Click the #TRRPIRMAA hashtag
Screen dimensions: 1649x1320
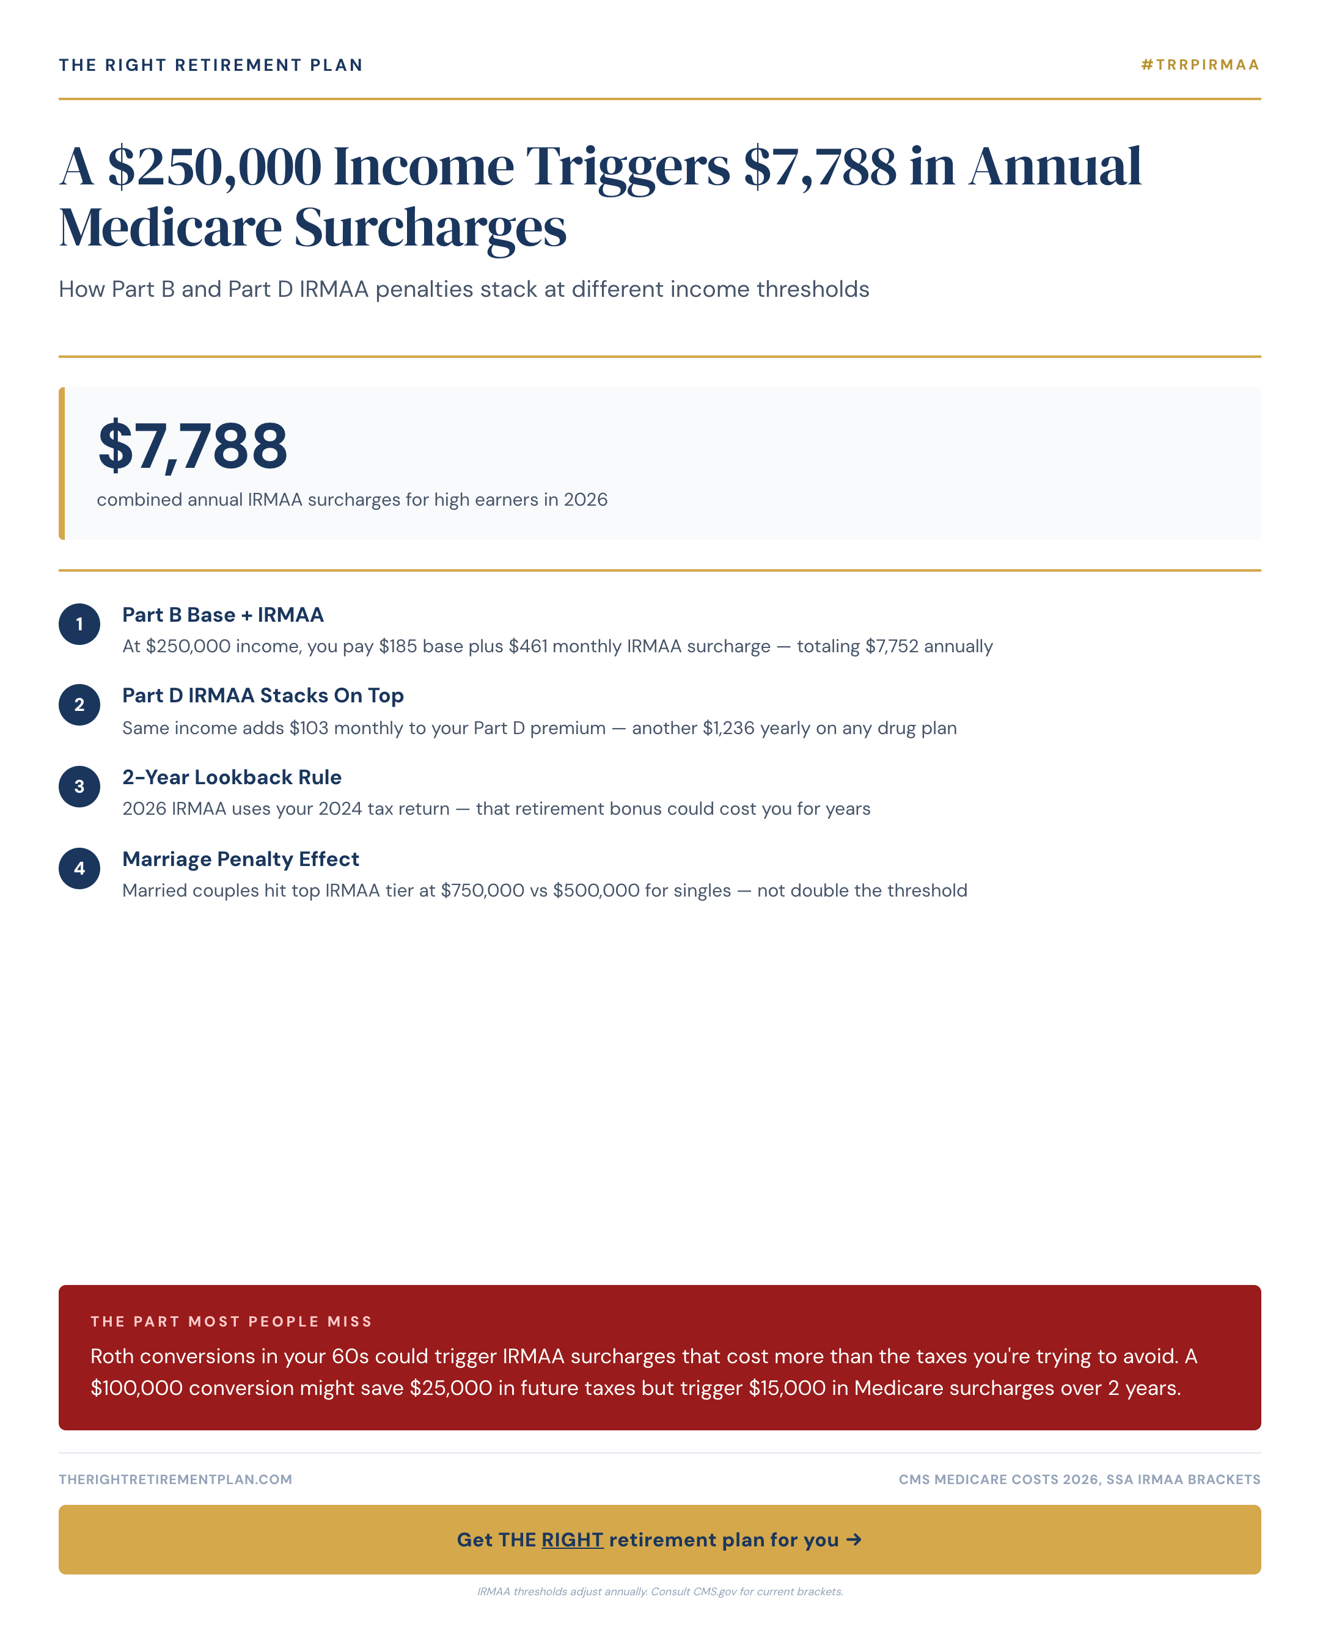coord(1200,65)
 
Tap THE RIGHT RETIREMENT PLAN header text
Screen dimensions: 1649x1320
coord(210,65)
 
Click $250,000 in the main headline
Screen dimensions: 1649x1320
coord(215,166)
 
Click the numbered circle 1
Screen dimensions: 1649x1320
coord(79,624)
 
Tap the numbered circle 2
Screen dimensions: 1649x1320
coord(79,704)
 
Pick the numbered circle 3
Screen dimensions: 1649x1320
coord(79,786)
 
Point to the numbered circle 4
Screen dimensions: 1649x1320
coord(79,868)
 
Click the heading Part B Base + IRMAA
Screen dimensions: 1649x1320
coord(222,615)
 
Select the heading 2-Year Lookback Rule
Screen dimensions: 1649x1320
coord(232,777)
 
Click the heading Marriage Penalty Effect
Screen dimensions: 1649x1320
coord(240,859)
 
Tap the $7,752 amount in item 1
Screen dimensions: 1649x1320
coord(892,646)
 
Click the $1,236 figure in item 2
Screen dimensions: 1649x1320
coord(728,728)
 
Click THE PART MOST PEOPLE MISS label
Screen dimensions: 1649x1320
coord(231,1321)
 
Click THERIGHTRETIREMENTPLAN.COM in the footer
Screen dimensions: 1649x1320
coord(175,1479)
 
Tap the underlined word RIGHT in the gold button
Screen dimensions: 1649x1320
coord(573,1540)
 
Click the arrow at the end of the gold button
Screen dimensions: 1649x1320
coord(854,1540)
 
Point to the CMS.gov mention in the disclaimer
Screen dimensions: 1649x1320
coord(715,1592)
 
